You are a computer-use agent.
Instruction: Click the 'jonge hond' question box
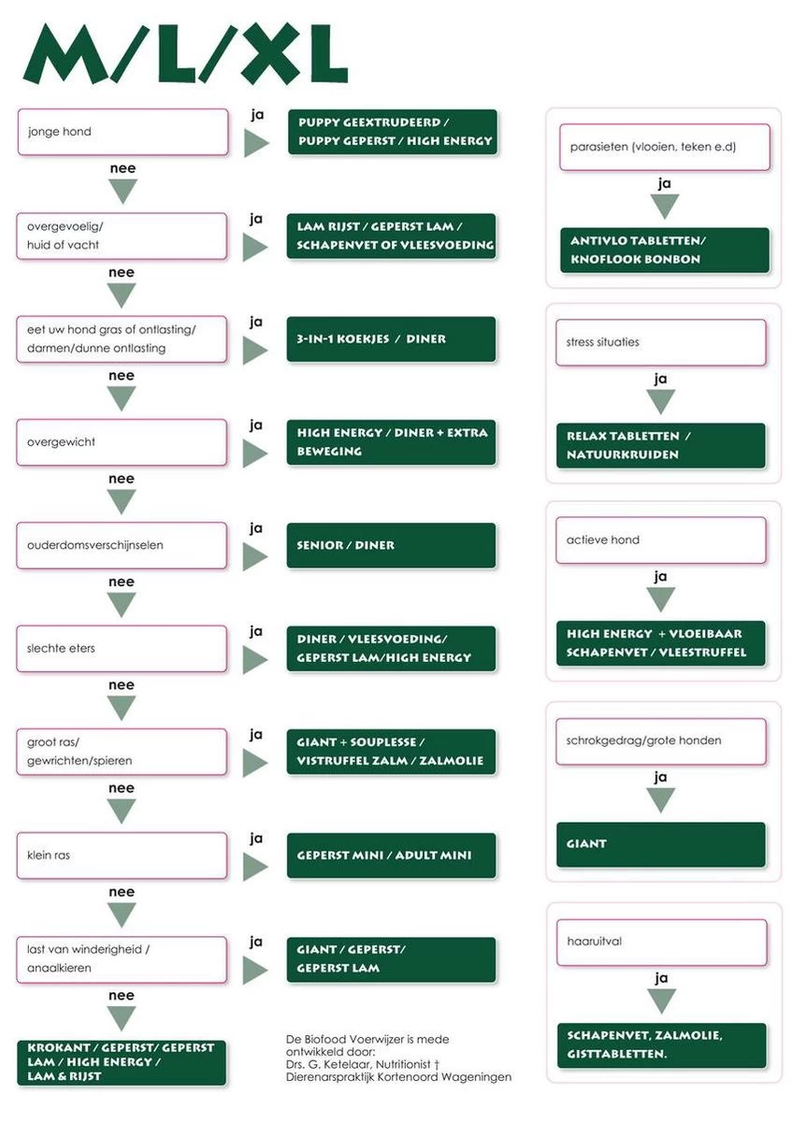[122, 132]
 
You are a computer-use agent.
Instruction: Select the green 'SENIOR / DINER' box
[391, 545]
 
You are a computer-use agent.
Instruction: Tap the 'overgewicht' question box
[122, 442]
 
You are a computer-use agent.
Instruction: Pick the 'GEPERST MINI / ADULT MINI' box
[391, 856]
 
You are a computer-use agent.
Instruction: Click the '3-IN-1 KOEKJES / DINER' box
[391, 339]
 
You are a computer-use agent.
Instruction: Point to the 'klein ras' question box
[122, 856]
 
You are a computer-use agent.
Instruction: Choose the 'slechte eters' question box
[122, 648]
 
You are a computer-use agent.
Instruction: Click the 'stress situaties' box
[661, 342]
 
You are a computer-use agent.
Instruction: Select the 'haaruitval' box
[661, 942]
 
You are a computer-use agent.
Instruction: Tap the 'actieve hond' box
[661, 540]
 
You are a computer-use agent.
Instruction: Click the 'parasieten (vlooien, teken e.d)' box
[664, 147]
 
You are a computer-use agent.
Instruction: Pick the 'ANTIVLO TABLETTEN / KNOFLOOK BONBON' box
[664, 250]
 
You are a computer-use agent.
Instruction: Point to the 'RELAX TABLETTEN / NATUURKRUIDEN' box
[661, 445]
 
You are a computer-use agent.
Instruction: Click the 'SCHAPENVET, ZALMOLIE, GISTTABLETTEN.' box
[661, 1045]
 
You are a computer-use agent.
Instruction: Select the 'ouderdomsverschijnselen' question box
[122, 545]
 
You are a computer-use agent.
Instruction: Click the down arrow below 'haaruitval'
[661, 1000]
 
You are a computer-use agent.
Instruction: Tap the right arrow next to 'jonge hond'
[256, 143]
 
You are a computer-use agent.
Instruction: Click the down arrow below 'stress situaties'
[661, 401]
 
